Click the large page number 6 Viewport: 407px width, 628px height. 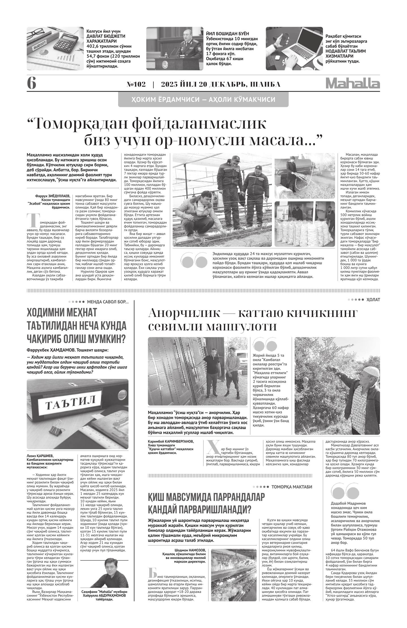click(x=31, y=84)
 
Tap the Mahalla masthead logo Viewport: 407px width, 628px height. click(x=353, y=84)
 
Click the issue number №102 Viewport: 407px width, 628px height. click(x=136, y=84)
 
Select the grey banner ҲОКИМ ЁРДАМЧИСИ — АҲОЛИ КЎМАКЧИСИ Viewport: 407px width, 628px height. click(x=203, y=100)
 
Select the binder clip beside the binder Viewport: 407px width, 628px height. click(x=58, y=433)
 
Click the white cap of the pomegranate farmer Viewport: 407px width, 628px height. click(x=370, y=371)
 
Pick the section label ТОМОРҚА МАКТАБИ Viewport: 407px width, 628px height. click(x=291, y=487)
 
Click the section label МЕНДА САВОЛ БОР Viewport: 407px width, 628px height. click(x=107, y=302)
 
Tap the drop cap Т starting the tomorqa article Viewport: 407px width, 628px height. click(x=32, y=220)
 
